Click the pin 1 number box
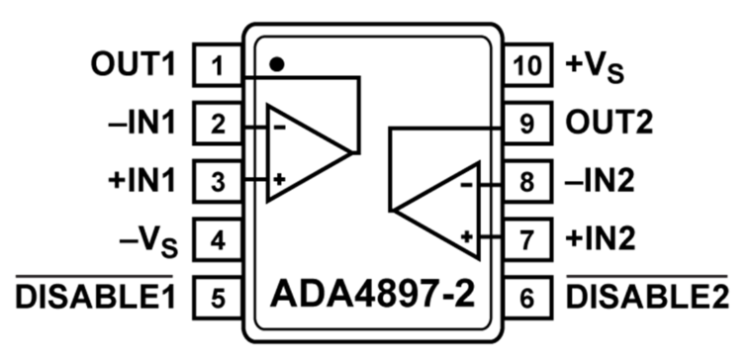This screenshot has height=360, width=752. [219, 67]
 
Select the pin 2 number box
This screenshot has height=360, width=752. [219, 125]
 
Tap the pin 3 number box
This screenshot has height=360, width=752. [219, 181]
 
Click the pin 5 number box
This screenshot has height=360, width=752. [219, 295]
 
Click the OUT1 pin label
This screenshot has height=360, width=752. [132, 67]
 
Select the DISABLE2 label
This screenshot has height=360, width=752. [647, 295]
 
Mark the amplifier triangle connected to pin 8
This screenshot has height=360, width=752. [442, 210]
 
